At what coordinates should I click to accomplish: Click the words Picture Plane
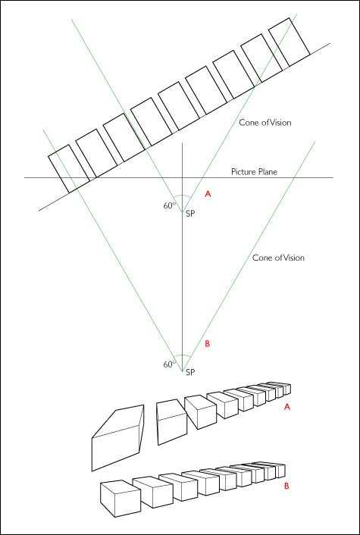coord(254,172)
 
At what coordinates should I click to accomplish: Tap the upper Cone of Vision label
coord(265,122)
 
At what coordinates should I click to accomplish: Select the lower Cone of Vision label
coord(278,258)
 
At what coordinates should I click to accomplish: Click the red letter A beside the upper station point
coord(208,195)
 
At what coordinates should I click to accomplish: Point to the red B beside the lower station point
coord(208,345)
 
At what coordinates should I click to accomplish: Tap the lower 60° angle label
coord(169,364)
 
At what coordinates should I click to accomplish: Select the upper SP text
coord(191,215)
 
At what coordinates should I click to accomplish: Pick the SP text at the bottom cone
coord(191,374)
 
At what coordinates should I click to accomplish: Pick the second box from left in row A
coord(171,421)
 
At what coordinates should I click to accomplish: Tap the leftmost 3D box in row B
coord(119,497)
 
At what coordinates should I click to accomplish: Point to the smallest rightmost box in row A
coord(286,389)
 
